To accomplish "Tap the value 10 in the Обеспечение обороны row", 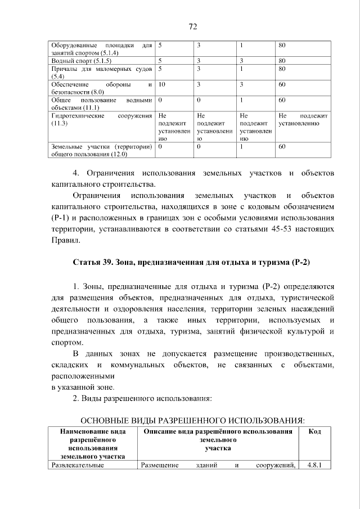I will [162, 84].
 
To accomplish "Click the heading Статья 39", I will [191, 263].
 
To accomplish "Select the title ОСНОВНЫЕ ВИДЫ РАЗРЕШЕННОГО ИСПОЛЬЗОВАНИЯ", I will [193, 420].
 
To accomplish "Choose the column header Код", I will [315, 431].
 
